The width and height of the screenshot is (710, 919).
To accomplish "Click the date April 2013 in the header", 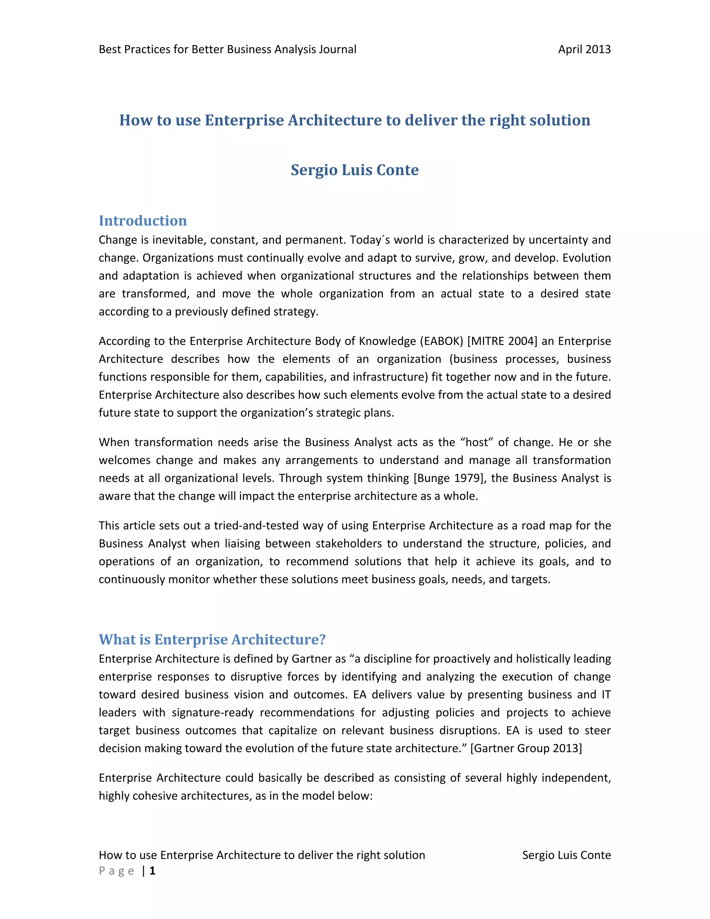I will click(x=584, y=50).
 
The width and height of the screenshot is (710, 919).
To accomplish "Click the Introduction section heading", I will click(x=142, y=221).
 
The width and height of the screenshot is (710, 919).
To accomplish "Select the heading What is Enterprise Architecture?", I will click(x=212, y=639).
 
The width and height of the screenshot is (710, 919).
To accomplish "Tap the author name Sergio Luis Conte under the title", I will click(x=355, y=170).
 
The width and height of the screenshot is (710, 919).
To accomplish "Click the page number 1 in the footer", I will click(x=152, y=870).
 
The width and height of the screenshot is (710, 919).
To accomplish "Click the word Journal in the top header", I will click(x=337, y=50).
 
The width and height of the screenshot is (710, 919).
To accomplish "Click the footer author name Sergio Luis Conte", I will click(x=566, y=855).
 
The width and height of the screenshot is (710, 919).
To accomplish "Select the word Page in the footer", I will click(x=116, y=870).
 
